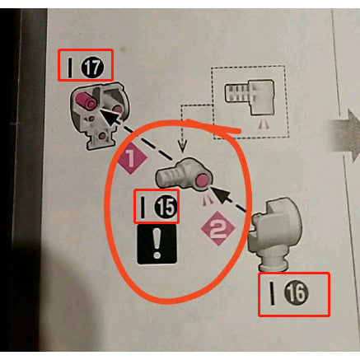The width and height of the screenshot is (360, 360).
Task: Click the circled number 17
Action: pos(92,67)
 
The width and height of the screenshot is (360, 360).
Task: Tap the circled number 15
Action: pos(165,207)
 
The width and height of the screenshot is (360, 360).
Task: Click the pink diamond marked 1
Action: pos(133,158)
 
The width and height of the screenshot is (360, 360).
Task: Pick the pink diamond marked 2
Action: pos(218,228)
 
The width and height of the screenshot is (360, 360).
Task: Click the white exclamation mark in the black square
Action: pos(157,244)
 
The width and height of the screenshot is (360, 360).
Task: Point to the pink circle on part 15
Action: pos(202,180)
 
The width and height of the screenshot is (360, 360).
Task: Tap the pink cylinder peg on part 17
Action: pos(86,101)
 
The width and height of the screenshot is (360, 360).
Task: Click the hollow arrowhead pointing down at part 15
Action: pos(183,146)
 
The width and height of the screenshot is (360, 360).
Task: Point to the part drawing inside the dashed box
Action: pos(250,96)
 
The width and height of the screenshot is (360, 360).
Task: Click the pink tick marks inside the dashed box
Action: pos(263,125)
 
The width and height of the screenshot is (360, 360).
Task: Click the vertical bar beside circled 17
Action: pos(70,67)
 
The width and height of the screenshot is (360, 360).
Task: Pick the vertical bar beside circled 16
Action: pos(272,293)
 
